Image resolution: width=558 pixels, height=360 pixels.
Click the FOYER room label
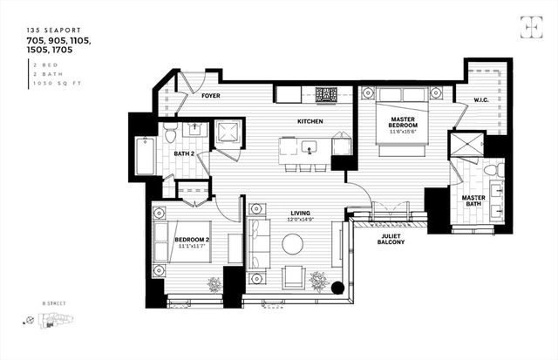tap(210, 96)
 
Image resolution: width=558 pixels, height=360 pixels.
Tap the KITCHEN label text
tap(310, 121)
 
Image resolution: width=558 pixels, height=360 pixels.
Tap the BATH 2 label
tap(183, 153)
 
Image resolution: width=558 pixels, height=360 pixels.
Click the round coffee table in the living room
tap(292, 244)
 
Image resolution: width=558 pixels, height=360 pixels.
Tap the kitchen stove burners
tap(326, 94)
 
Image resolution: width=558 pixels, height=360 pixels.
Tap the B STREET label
tap(54, 304)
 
